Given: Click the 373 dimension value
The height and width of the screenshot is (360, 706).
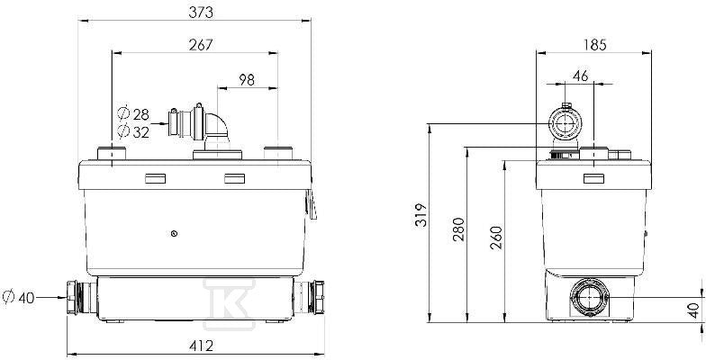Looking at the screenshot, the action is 201,13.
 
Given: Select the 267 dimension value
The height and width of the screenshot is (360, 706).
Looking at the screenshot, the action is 201,45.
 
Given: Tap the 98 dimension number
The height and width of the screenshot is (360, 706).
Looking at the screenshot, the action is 247,79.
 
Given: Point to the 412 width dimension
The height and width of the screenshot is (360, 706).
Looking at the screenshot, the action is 201,346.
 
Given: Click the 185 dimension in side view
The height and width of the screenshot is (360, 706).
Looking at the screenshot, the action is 594,45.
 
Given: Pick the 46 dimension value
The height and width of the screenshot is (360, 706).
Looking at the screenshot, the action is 581,76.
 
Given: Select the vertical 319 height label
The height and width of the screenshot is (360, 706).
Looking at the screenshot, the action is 421,216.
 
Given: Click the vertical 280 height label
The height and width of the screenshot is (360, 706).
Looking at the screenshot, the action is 458,229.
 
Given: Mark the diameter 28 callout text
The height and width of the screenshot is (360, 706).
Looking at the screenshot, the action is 133,114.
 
